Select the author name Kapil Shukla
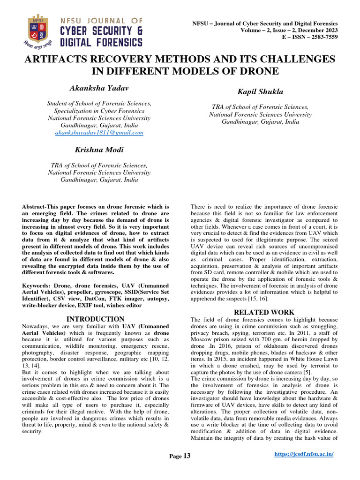(x=260, y=93)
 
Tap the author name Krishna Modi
(x=99, y=150)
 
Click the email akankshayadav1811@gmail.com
(x=99, y=133)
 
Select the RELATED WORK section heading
(x=264, y=312)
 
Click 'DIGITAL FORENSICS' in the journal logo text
(x=101, y=43)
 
